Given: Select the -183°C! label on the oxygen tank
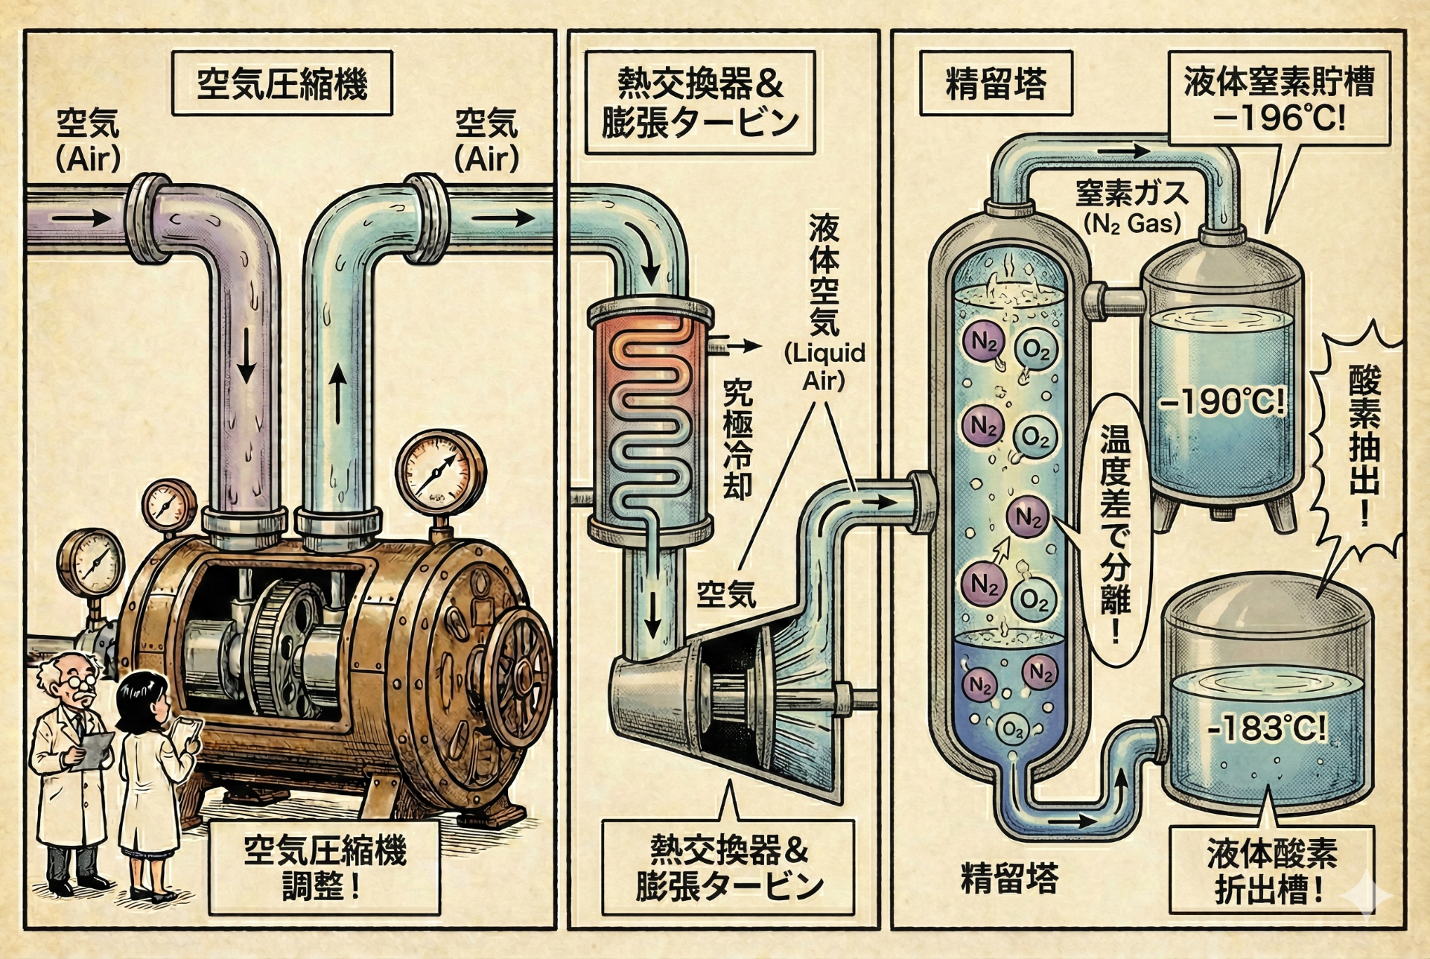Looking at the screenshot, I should coord(1266,727).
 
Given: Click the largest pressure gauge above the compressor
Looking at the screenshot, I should coord(440,472).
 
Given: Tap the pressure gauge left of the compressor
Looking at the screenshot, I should coord(90,563).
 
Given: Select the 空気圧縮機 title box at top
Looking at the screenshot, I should coord(282,83).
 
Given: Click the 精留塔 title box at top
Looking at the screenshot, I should coord(996,83).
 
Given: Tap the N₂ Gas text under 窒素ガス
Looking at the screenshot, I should coord(1132,223).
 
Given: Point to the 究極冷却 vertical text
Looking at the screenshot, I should coord(737,439).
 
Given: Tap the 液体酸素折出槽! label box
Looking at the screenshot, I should coord(1271,870).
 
